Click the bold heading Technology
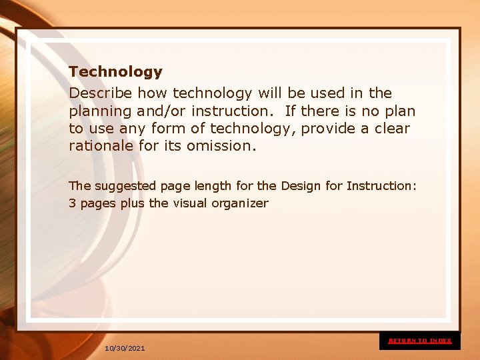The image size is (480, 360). (115, 71)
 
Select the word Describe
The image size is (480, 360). (100, 93)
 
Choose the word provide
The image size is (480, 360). (326, 128)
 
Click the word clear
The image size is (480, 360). (391, 128)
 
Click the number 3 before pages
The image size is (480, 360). (72, 203)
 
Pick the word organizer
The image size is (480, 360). (240, 204)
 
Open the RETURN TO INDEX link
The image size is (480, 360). (420, 341)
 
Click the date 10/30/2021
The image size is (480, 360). (125, 349)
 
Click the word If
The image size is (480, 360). (291, 111)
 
